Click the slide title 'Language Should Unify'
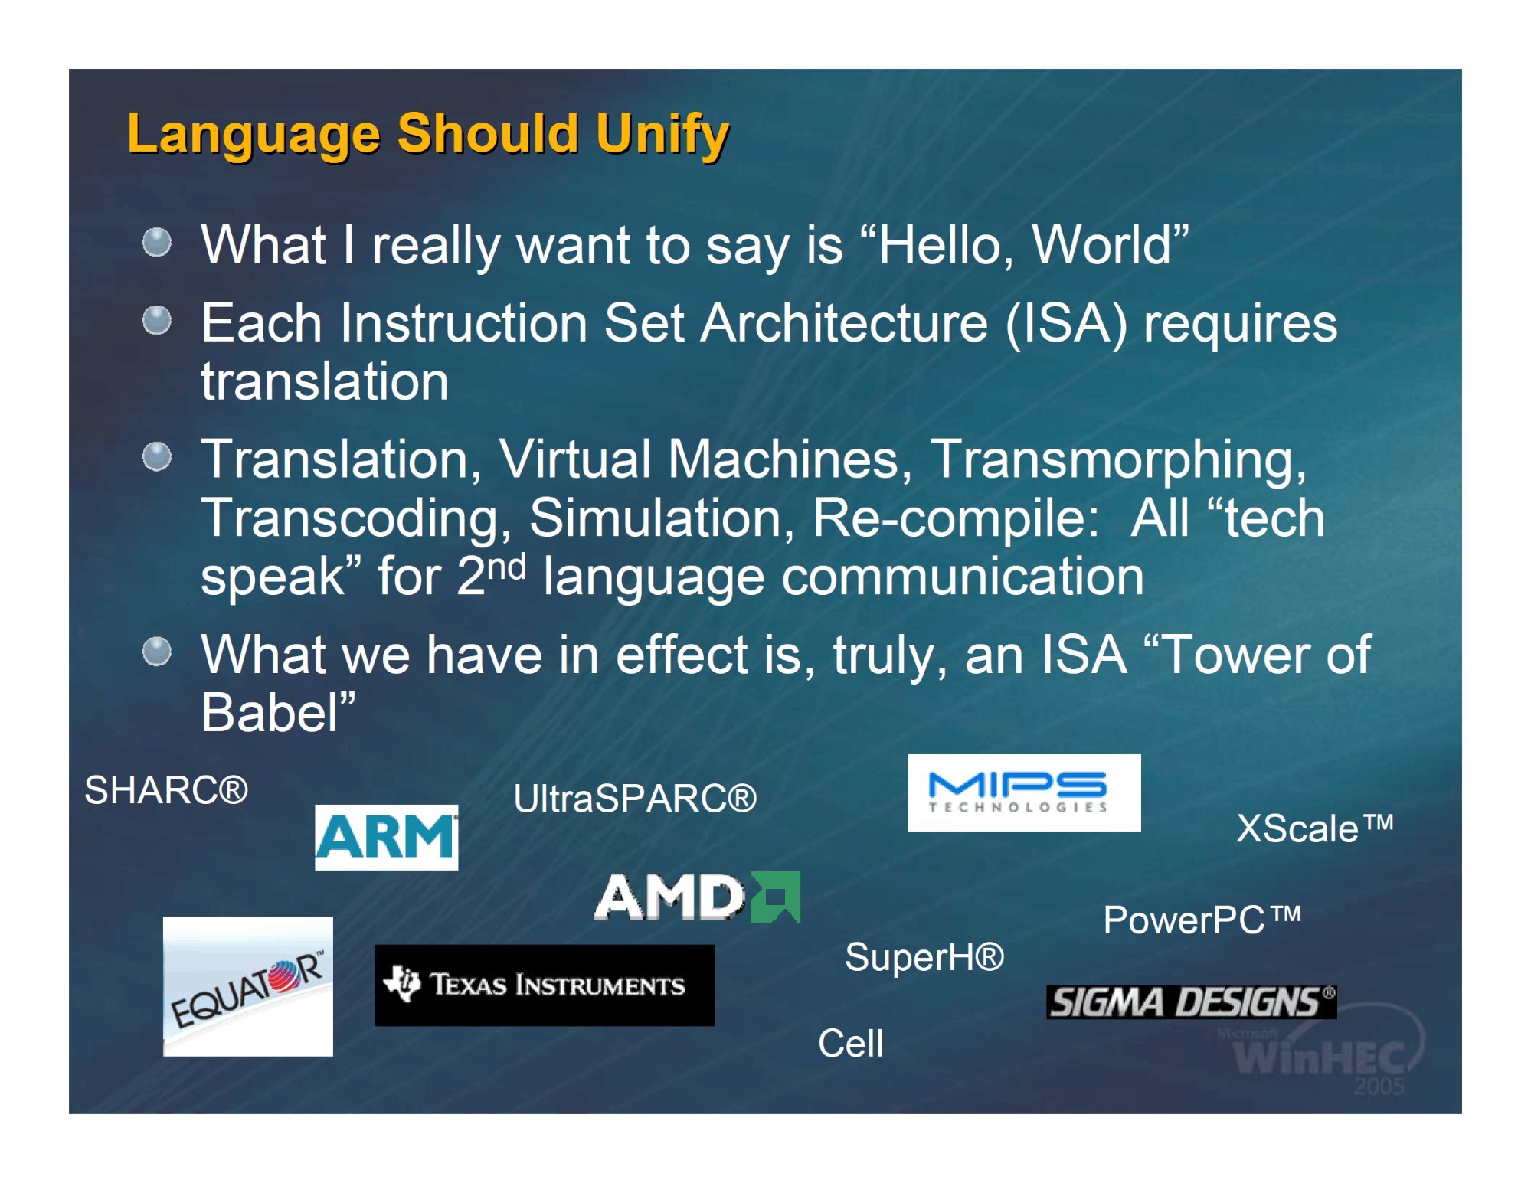coord(428,135)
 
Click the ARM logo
coord(386,837)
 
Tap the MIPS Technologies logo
coord(1024,792)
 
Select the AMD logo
coord(698,897)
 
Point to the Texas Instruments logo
coord(545,985)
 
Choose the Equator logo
coord(248,986)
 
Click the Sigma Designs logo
coord(1191,1002)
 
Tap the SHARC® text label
coord(166,789)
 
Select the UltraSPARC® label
coord(635,798)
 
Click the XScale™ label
coord(1314,828)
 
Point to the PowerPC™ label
coord(1202,919)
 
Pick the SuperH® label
coord(924,956)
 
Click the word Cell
coord(850,1042)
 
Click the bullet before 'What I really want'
coord(157,242)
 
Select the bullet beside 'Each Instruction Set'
coord(157,320)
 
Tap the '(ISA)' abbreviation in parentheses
coord(1066,324)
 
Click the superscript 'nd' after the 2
coord(506,567)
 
